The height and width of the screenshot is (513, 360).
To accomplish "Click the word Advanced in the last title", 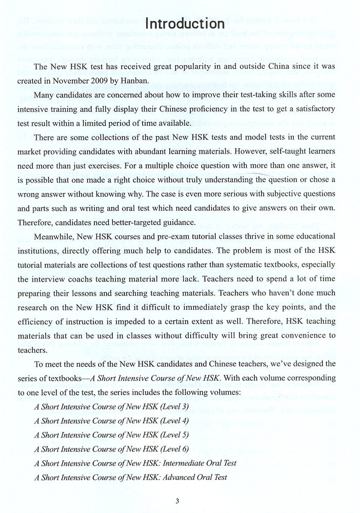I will (x=171, y=477).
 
